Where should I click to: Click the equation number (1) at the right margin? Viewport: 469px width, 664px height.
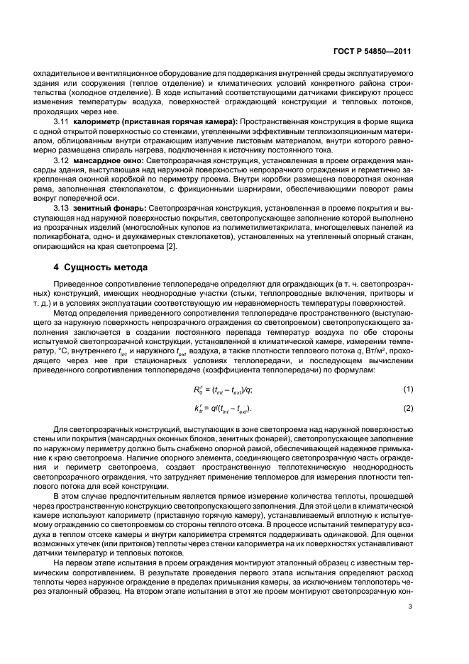pos(407,389)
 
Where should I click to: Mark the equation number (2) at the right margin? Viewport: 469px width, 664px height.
pos(407,409)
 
